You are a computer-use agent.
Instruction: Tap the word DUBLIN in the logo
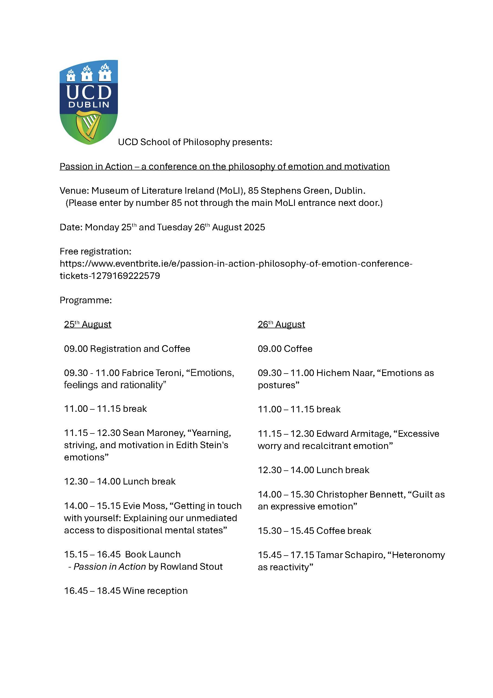[89, 105]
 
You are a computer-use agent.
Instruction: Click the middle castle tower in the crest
[87, 74]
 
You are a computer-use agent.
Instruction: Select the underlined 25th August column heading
[88, 324]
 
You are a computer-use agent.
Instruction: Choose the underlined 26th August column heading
[281, 324]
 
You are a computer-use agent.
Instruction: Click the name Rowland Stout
[191, 567]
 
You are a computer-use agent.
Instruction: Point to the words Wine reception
[155, 591]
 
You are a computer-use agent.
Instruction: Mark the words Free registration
[95, 251]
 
